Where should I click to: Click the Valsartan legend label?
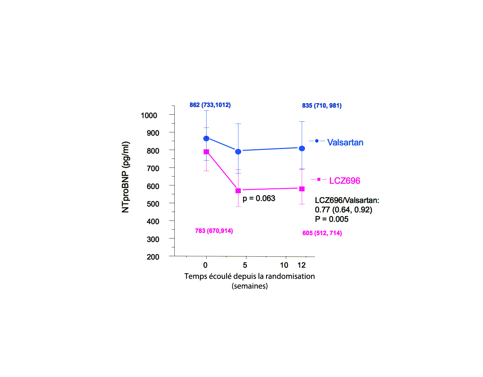(345, 142)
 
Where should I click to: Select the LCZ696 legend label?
(344, 181)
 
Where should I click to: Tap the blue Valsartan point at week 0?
(206, 139)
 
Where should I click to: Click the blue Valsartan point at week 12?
(302, 148)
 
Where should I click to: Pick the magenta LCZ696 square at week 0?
(206, 152)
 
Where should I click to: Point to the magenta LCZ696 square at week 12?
(302, 189)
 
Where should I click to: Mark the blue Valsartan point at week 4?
(238, 152)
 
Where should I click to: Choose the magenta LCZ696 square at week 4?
(238, 191)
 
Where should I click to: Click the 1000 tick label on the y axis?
(149, 115)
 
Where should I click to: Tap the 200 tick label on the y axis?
(153, 257)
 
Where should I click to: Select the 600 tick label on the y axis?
(153, 186)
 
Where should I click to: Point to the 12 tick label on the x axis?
(302, 265)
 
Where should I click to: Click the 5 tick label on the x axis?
(245, 265)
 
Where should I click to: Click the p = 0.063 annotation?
(259, 198)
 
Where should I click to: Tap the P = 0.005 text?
(331, 219)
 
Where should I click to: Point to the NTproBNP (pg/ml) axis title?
(126, 177)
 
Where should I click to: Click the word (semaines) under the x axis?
(250, 286)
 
